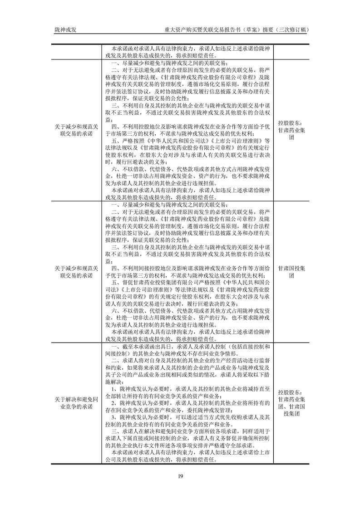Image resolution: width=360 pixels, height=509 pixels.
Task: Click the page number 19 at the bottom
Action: [x=180, y=476]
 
